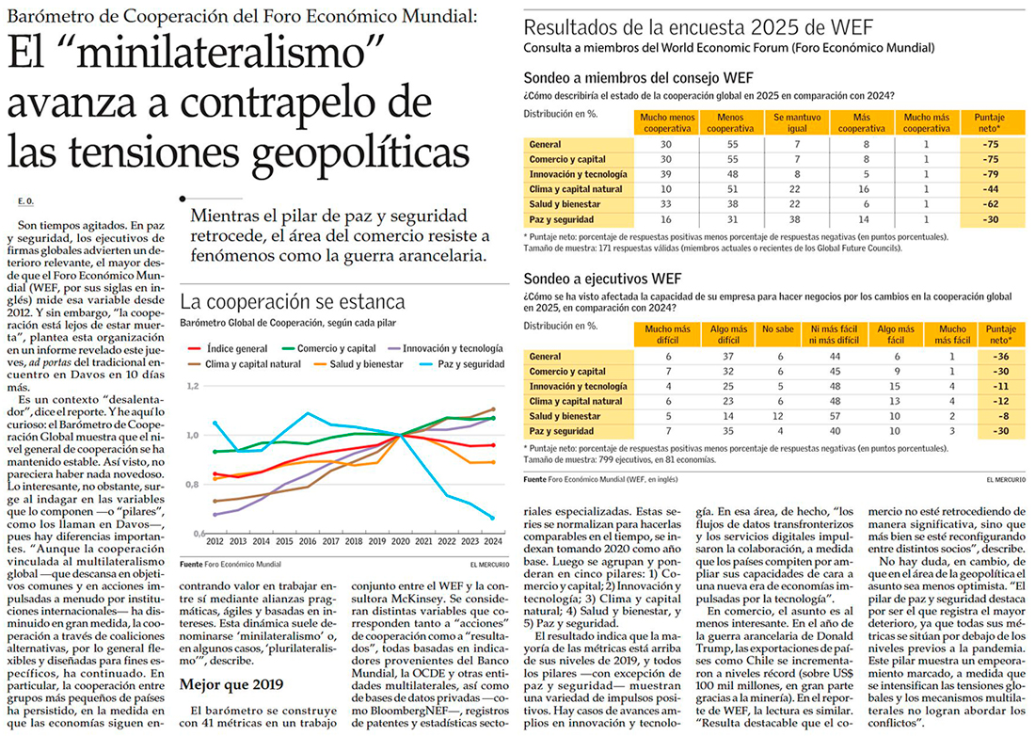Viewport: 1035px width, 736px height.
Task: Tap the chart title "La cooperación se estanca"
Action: coord(293,302)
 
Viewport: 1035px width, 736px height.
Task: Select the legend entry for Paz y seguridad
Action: coord(467,363)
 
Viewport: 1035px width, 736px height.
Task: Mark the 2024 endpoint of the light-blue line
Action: coord(493,518)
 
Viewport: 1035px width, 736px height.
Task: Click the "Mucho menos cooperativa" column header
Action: coord(665,122)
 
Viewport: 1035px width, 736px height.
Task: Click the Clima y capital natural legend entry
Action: coord(247,363)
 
